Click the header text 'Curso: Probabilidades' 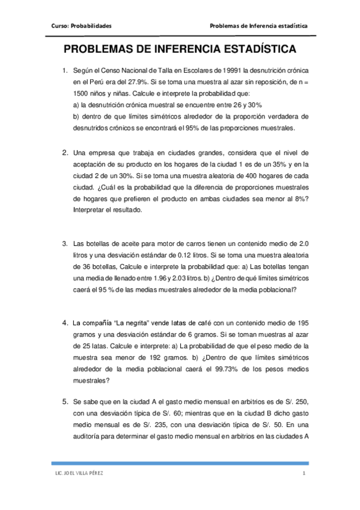[82, 26]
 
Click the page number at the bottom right [304, 474]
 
